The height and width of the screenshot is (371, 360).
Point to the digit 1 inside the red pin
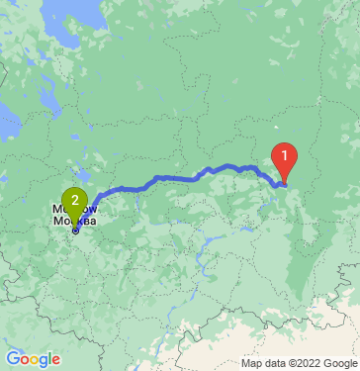pyautogui.click(x=284, y=155)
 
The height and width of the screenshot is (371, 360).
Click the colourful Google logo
pyautogui.click(x=33, y=359)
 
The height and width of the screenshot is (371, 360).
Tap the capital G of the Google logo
pyautogui.click(x=13, y=358)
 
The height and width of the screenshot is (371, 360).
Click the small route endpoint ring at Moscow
pyautogui.click(x=75, y=231)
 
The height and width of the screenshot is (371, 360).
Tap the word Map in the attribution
pyautogui.click(x=238, y=363)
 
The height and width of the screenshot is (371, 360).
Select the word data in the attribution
pyautogui.click(x=261, y=363)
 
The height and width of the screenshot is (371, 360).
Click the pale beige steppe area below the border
pyautogui.click(x=297, y=331)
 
